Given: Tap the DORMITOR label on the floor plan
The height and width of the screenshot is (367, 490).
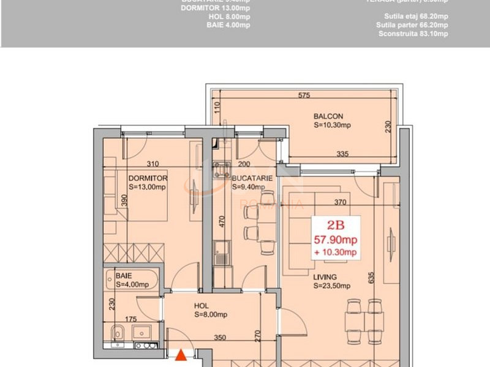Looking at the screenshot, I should pyautogui.click(x=148, y=178).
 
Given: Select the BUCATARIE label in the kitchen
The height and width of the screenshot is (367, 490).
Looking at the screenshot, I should pyautogui.click(x=252, y=178).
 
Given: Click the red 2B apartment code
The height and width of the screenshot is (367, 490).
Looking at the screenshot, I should pyautogui.click(x=335, y=224).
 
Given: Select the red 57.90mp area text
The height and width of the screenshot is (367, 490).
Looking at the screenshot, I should pyautogui.click(x=335, y=239).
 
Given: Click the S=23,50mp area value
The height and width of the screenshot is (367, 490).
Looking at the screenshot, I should pyautogui.click(x=331, y=286).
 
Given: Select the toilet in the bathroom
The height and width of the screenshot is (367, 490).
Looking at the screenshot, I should pyautogui.click(x=118, y=333).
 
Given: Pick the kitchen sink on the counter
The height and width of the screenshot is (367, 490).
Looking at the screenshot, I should pyautogui.click(x=220, y=250).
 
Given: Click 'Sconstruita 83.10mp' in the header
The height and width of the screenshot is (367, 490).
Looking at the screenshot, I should pyautogui.click(x=412, y=34).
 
